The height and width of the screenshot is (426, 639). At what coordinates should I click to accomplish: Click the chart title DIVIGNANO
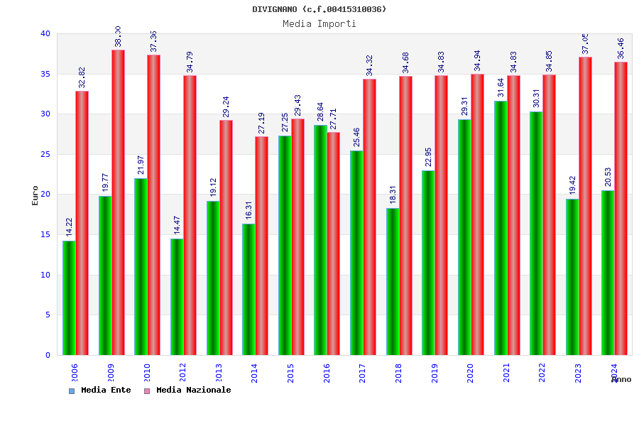(x=319, y=9)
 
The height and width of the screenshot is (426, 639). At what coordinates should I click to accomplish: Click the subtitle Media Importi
(x=319, y=23)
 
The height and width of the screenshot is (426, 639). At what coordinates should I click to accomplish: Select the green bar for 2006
(x=69, y=297)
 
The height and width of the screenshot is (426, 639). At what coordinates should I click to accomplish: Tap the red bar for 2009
(x=118, y=202)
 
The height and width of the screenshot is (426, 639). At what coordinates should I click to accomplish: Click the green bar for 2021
(x=501, y=228)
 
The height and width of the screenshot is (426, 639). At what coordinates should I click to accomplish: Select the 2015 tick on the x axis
(x=291, y=373)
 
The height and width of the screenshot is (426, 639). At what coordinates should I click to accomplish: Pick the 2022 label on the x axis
(x=542, y=373)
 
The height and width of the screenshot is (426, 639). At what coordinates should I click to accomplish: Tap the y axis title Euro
(x=35, y=195)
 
